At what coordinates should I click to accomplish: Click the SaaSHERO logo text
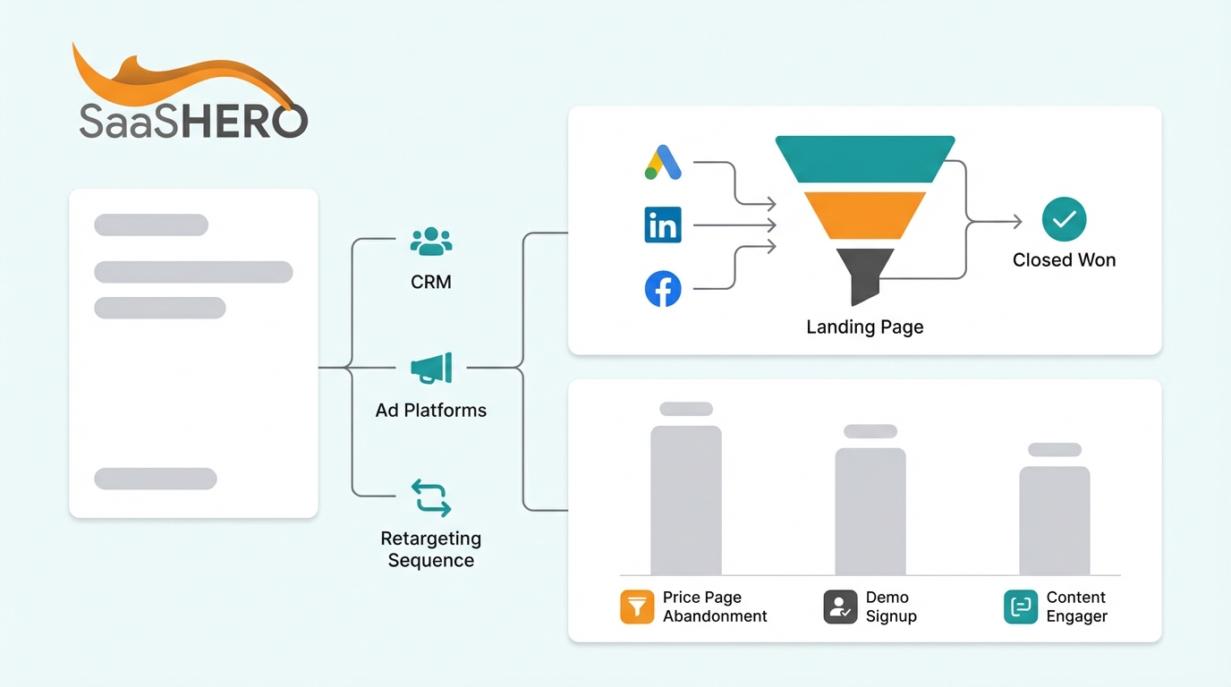193,121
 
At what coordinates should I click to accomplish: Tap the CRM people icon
431,241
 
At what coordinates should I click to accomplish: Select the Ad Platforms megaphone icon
431,368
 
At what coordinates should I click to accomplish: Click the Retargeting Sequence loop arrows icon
431,497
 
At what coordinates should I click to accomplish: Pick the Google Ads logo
663,163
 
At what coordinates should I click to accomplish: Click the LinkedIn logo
663,225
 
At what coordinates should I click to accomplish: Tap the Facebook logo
663,290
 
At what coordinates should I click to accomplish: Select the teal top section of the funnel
865,158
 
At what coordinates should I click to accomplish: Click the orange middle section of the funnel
865,215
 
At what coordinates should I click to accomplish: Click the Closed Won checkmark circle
1065,220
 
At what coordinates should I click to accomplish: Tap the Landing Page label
865,327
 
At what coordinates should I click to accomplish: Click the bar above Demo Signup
870,511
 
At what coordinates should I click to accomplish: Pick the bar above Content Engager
1055,520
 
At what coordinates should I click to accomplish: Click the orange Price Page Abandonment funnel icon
637,606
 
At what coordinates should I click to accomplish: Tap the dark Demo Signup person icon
840,606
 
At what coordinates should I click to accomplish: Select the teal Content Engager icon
1021,606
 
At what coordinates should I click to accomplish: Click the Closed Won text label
1065,260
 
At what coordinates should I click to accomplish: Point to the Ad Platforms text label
431,411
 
